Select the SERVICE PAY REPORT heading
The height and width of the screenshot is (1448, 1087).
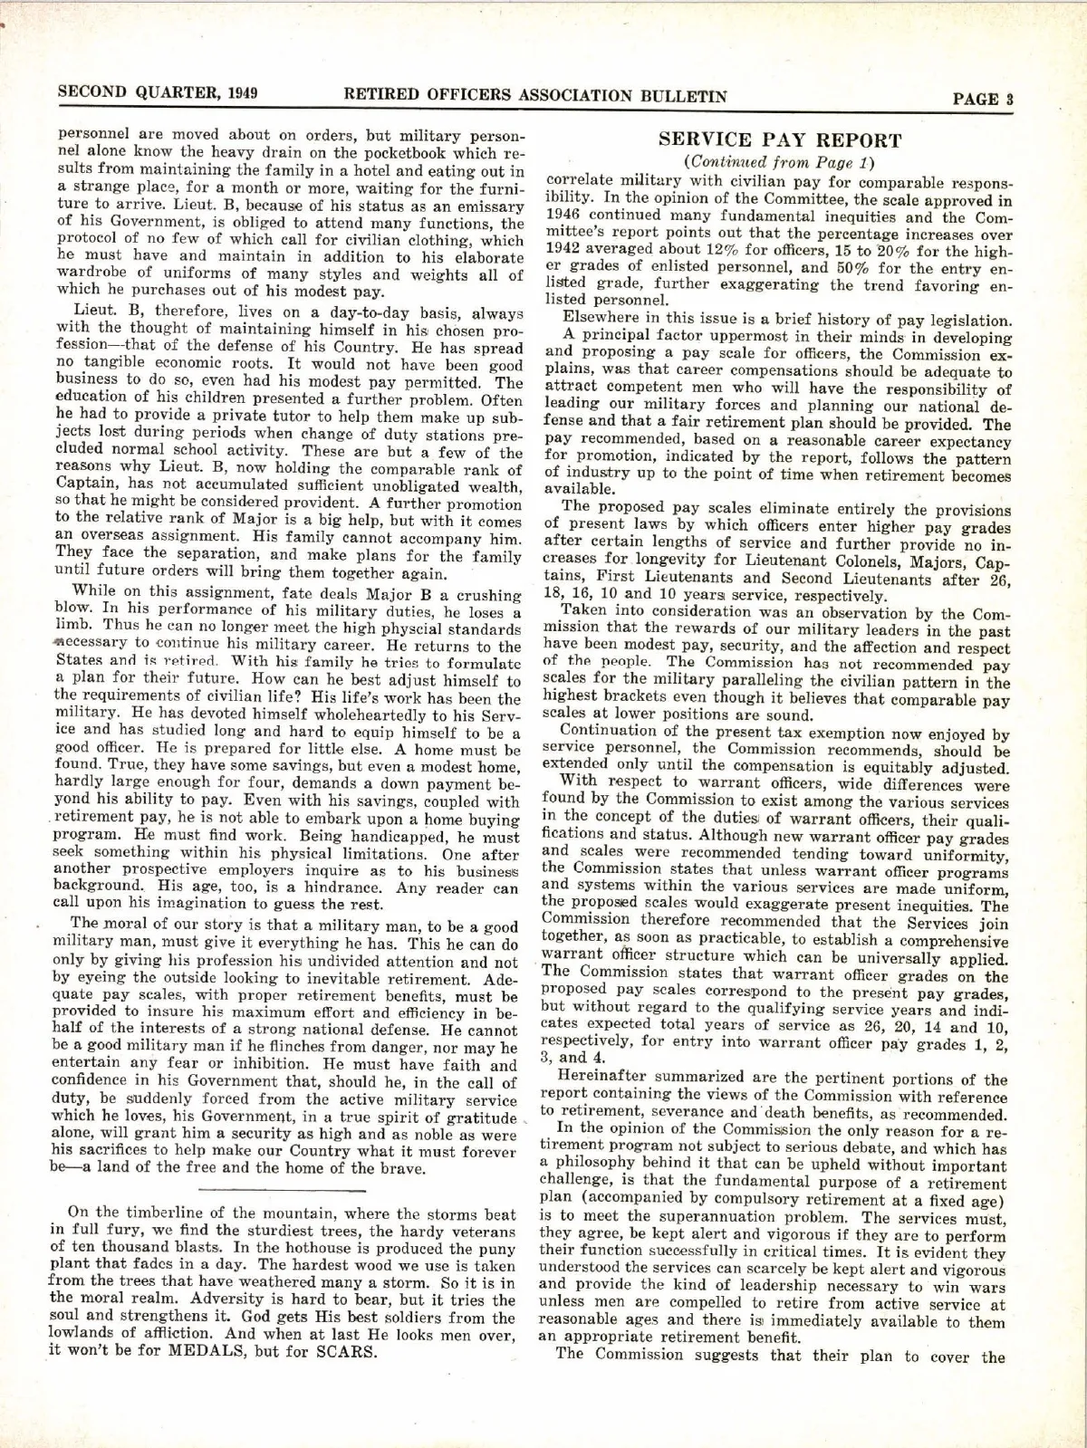780,140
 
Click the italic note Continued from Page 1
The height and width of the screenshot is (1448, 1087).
780,163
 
